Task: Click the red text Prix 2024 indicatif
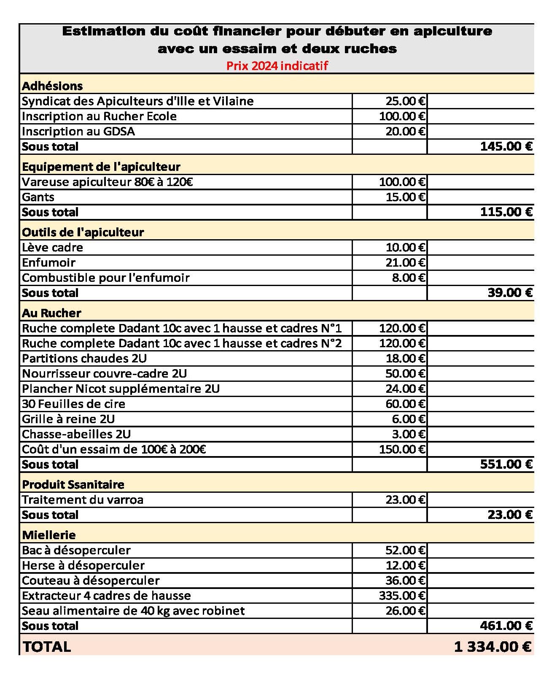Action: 277,66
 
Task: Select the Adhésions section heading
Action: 52,86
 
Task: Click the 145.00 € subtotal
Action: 506,146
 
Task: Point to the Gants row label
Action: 38,197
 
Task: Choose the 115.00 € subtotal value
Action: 506,212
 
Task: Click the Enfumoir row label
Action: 48,262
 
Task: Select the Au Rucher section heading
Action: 51,313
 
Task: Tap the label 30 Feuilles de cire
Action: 73,404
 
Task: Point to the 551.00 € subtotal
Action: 506,464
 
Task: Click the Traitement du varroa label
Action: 83,500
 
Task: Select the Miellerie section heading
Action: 49,535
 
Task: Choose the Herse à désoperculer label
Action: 83,565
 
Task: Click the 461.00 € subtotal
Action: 506,626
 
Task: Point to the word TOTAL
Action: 47,647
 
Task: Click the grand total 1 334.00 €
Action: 492,647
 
